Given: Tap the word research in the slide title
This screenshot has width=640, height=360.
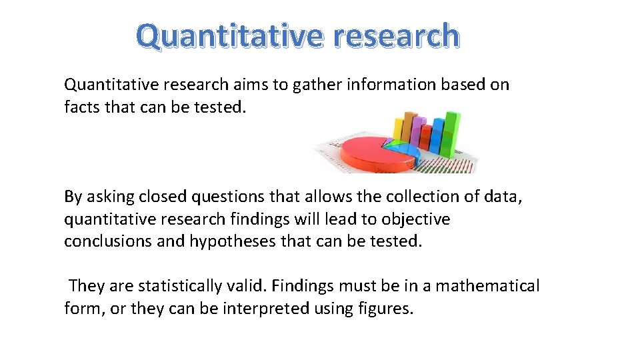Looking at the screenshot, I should [397, 36].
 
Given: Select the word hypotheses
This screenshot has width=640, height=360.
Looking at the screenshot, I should [233, 241].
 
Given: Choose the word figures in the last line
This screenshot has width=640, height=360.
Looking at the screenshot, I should [386, 309].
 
